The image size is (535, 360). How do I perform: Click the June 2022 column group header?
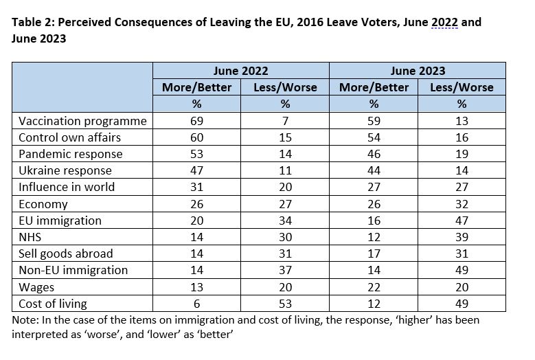coord(240,71)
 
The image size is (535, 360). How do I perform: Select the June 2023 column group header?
coord(418,71)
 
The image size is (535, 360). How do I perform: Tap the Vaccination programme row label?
coord(82,121)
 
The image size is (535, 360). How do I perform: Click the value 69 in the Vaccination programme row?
coord(197,121)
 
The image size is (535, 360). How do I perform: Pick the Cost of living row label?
coord(53,304)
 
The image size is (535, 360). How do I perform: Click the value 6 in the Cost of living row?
coord(197,304)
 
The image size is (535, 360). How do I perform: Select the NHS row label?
coord(30,237)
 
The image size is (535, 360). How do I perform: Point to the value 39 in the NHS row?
coord(462,237)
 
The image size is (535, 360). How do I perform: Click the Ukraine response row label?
coord(65,170)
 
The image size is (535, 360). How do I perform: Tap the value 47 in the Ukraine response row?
coord(197,170)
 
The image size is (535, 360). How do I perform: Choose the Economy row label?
coord(43,204)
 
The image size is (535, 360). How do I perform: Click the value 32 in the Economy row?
coord(462,204)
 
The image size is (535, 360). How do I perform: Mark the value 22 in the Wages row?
coord(374,287)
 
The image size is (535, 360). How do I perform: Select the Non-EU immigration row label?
coord(73,270)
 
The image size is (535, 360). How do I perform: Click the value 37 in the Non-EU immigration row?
coord(285,270)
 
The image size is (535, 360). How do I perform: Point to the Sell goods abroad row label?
coord(65,254)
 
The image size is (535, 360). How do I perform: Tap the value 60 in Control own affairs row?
coord(197,137)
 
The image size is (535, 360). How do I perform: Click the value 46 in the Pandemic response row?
coord(374,155)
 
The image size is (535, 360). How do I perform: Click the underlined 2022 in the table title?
coord(444,22)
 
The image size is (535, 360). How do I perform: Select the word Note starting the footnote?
coord(25,320)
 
